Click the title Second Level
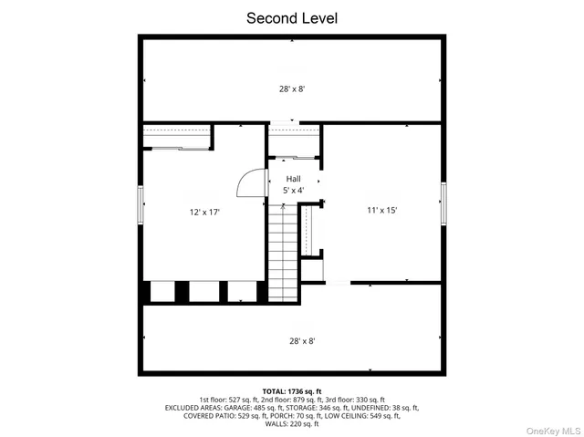(291, 17)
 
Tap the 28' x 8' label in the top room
(291, 89)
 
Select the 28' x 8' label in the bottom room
(291, 340)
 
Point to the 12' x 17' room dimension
(204, 212)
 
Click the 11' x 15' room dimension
(381, 210)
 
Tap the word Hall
(293, 179)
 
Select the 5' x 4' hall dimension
(293, 191)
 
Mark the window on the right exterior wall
(443, 203)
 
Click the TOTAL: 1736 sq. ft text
(291, 390)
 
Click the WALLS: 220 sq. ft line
(291, 424)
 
